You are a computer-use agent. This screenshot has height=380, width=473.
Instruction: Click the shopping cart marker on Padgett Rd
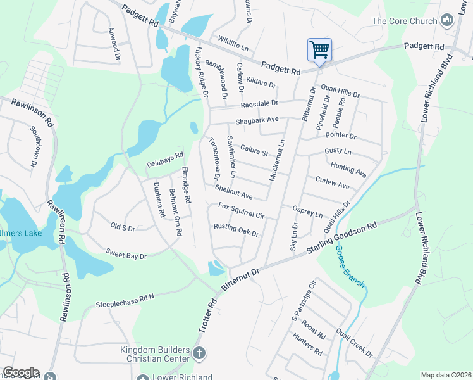(x=319, y=49)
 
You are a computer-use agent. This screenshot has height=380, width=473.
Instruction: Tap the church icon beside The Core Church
(x=448, y=21)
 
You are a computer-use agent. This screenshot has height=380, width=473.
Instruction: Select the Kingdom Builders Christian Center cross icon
(x=199, y=353)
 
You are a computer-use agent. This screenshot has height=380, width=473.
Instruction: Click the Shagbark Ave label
(x=257, y=120)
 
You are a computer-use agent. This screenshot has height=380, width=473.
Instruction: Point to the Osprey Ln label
(x=308, y=212)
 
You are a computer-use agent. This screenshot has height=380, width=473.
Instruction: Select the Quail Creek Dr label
(x=355, y=342)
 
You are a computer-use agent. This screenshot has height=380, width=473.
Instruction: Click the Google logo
(x=21, y=372)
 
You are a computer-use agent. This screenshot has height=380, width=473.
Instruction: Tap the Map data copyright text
(x=446, y=375)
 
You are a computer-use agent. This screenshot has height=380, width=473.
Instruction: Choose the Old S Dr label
(x=123, y=226)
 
